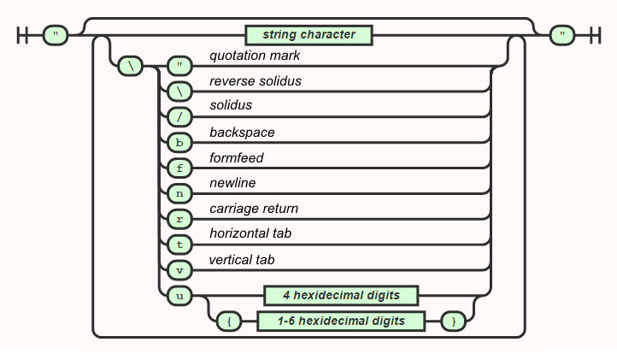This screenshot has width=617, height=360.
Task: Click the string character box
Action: tap(309, 35)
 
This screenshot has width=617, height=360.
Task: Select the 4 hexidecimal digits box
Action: tap(341, 296)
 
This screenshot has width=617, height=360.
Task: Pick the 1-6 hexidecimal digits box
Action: tap(341, 322)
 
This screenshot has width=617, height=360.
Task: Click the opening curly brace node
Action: tap(229, 322)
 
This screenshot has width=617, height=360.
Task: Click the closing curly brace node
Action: tap(453, 322)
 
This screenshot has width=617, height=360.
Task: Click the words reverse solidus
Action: tap(256, 80)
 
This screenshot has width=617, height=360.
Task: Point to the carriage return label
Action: tap(254, 209)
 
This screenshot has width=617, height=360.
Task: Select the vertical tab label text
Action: tap(242, 260)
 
